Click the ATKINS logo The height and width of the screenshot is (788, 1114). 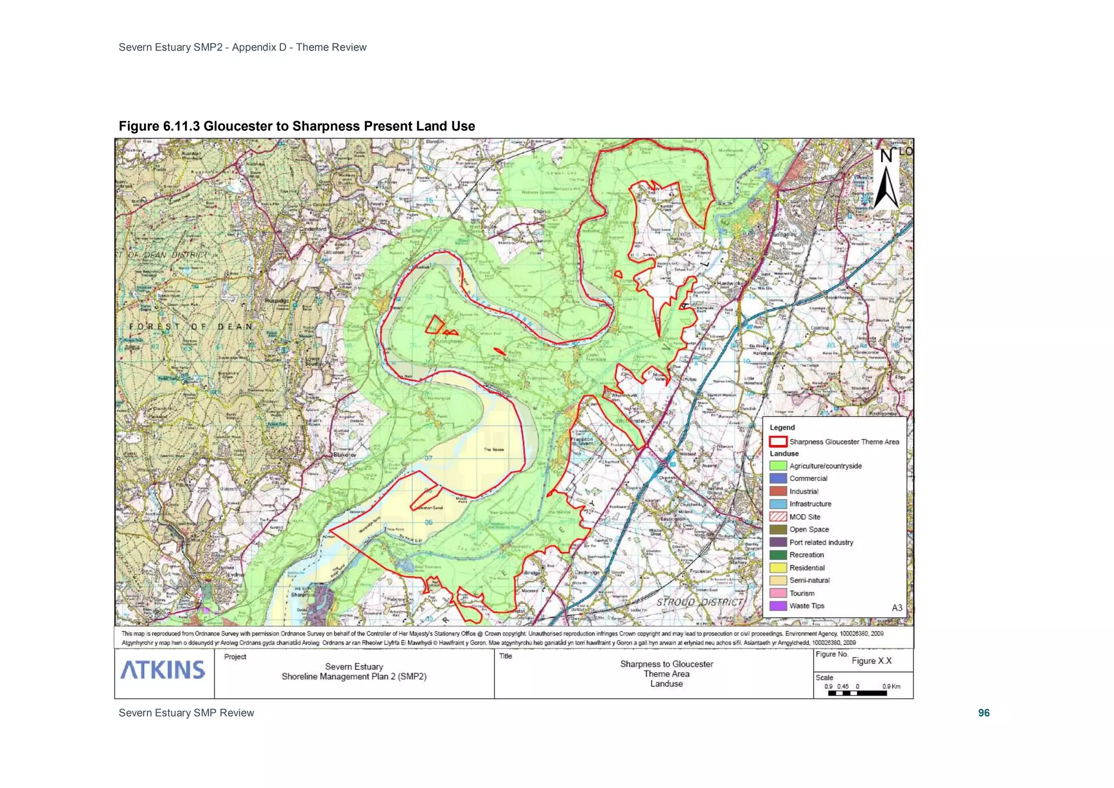(163, 670)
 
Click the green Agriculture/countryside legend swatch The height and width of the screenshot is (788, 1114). (778, 466)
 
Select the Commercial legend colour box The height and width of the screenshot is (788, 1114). (778, 478)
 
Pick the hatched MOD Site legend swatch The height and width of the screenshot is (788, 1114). (778, 517)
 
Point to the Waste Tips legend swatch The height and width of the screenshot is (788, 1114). (778, 606)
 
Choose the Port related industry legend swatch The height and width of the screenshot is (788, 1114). (778, 542)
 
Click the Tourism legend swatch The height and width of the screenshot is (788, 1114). (778, 593)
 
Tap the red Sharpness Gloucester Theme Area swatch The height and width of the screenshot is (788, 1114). (778, 441)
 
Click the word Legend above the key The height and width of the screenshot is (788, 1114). (782, 427)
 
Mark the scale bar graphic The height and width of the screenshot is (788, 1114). (857, 693)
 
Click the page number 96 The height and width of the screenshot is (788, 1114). (983, 713)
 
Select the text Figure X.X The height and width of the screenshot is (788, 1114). (871, 661)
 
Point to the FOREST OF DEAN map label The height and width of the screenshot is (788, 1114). (190, 327)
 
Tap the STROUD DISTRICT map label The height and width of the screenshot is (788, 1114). (700, 602)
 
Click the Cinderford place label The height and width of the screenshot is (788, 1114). (313, 229)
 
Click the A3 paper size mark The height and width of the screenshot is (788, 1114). (897, 607)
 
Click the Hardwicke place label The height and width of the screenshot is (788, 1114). (729, 284)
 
